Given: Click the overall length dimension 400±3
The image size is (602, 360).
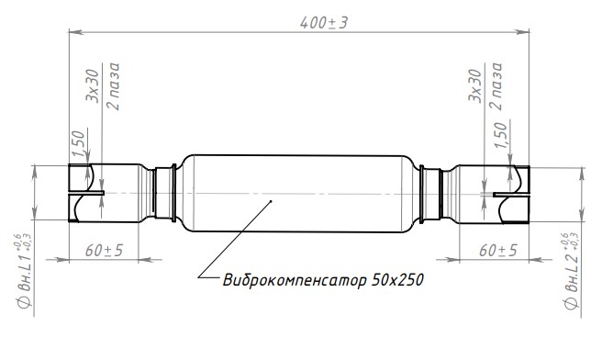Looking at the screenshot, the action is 324,23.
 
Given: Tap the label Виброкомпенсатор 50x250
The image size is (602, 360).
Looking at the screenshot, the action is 323,280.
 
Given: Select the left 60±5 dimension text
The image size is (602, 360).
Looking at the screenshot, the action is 104,250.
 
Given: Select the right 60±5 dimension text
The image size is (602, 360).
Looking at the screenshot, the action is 498,250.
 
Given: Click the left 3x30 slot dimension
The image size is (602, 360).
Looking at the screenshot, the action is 92,85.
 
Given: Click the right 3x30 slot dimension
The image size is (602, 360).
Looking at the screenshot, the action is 475,85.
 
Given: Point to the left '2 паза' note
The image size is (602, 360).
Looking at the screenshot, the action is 114,86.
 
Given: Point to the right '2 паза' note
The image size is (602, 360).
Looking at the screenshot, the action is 496,86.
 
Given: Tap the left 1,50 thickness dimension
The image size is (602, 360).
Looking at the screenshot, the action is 78,143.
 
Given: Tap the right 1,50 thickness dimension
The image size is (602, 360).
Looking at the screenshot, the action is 500,135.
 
